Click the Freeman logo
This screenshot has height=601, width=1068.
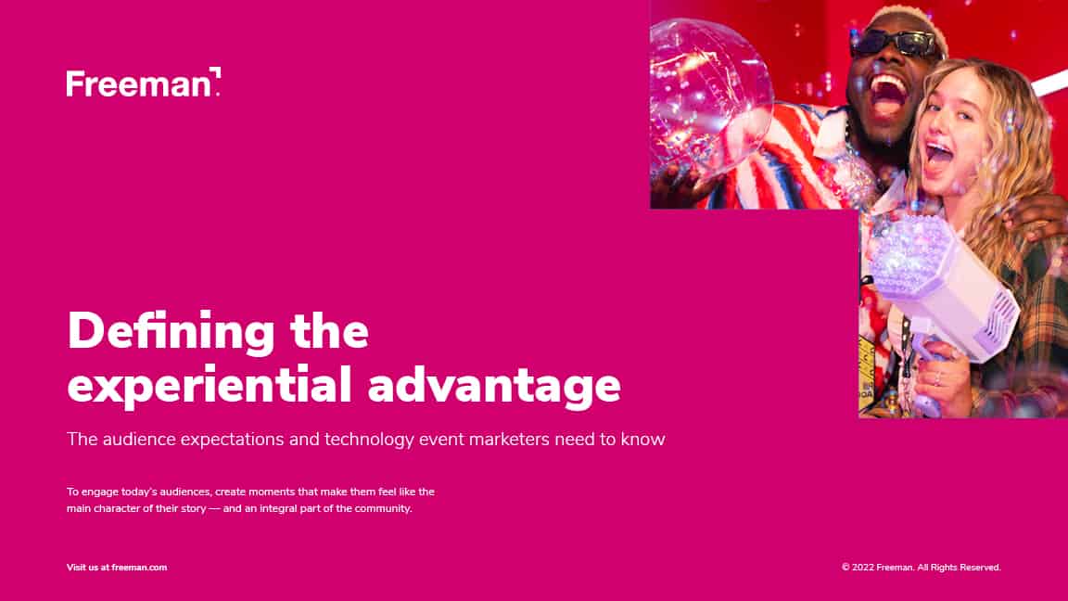click(x=143, y=83)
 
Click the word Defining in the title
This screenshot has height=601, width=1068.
click(x=171, y=332)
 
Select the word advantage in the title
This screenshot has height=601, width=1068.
click(x=494, y=386)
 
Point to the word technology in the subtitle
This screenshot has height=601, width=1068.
click(x=369, y=440)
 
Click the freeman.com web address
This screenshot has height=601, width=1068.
click(x=139, y=567)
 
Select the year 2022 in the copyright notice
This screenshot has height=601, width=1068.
click(x=862, y=567)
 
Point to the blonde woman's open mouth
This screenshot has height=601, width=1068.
click(x=940, y=156)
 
